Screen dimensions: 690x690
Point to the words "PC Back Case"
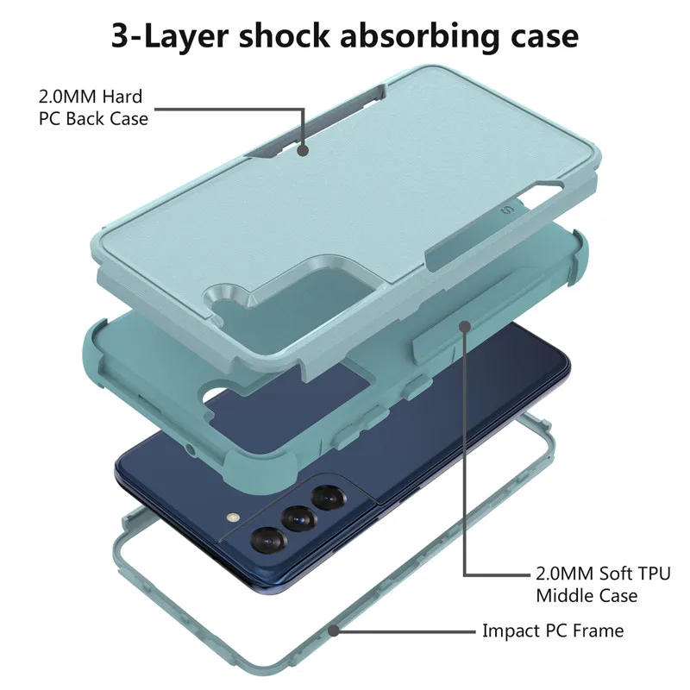[x=93, y=118]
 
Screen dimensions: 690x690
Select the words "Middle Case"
[x=586, y=595]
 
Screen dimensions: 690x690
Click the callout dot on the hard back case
[x=304, y=150]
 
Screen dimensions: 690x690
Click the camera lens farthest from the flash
[x=328, y=498]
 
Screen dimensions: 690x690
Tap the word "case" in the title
[x=542, y=37]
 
